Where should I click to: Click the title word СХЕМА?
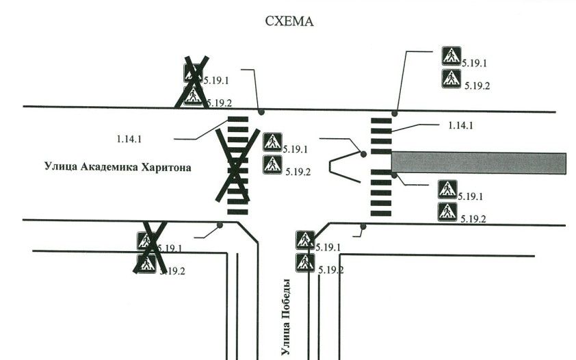click(288, 22)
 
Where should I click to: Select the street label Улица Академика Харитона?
click(118, 166)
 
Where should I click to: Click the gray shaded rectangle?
click(479, 163)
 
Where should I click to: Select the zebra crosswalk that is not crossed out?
click(381, 166)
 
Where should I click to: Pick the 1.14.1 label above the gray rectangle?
click(460, 125)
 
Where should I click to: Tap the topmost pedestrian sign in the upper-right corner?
click(451, 55)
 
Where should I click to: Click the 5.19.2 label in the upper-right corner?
click(477, 86)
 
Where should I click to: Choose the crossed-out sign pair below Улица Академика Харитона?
click(148, 250)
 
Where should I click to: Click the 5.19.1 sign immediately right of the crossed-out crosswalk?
click(272, 142)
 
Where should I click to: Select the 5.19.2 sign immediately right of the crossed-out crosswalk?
click(272, 164)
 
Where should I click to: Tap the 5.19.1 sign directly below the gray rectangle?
click(447, 188)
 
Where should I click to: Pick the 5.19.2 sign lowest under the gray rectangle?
click(447, 211)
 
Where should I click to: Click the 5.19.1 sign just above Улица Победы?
click(305, 240)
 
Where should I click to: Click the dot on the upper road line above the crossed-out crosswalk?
click(260, 110)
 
